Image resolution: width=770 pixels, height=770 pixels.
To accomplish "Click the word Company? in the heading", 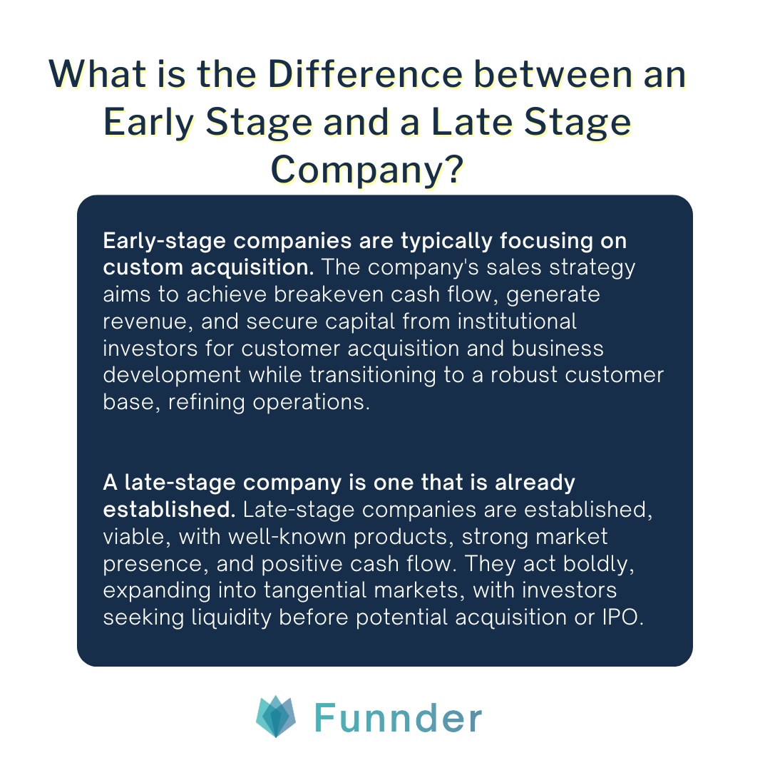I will [369, 170].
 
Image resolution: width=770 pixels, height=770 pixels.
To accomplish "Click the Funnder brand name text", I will [398, 718].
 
